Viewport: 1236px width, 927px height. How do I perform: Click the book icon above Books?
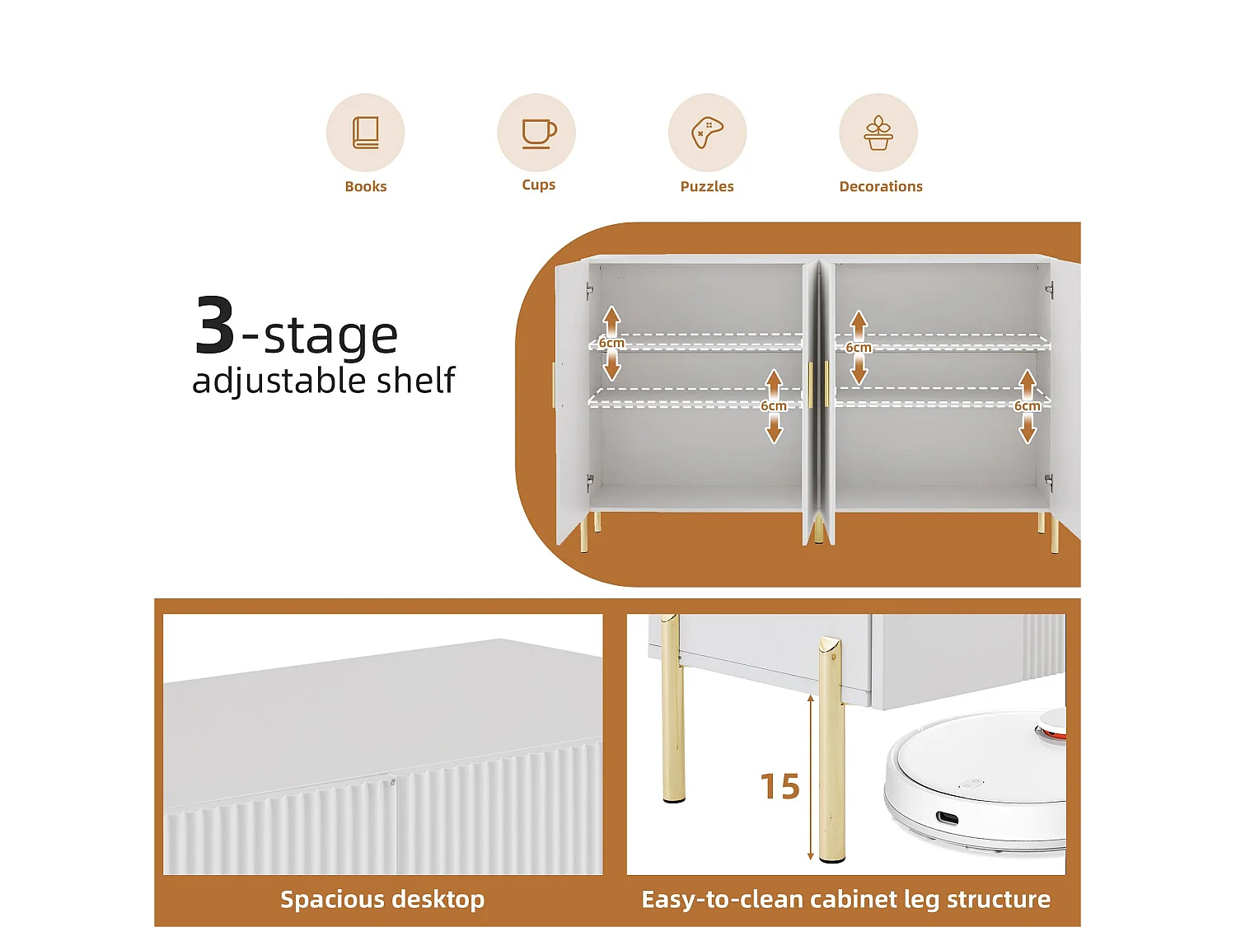[x=365, y=133]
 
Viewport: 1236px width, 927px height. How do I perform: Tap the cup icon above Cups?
[x=537, y=133]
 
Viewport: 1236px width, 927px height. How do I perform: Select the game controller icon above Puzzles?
[x=707, y=132]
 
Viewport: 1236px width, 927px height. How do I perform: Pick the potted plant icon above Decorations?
[x=878, y=133]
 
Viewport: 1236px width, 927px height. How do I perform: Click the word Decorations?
[x=881, y=186]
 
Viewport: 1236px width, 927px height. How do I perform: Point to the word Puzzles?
[x=707, y=186]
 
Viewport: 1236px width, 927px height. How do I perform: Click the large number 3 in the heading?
[x=216, y=326]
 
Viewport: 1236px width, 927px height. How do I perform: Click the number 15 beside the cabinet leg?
[x=780, y=787]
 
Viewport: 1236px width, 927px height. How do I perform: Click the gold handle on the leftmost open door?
[x=554, y=385]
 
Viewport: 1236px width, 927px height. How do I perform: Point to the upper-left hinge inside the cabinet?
[x=589, y=290]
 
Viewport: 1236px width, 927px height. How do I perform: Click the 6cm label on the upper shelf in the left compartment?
[x=611, y=343]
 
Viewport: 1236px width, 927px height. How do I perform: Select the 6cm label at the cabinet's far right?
[x=1027, y=406]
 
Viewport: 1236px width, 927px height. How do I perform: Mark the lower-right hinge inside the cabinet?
[x=1048, y=482]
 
